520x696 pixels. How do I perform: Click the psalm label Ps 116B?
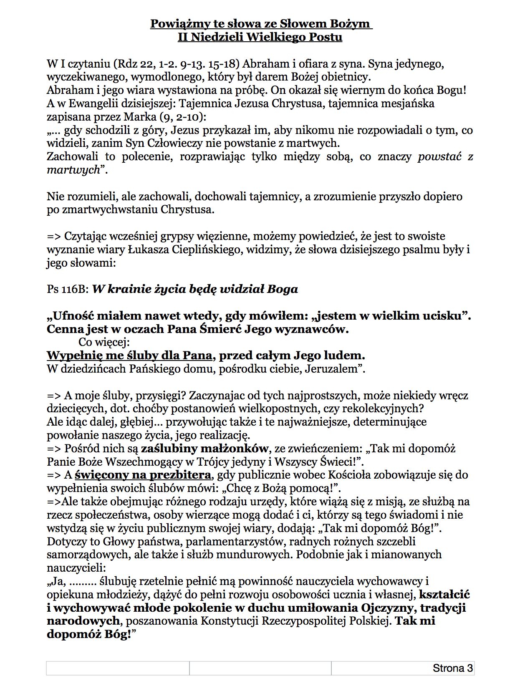coord(68,289)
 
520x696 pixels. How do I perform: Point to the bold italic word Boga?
coord(283,289)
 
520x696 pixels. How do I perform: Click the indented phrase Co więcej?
coord(104,343)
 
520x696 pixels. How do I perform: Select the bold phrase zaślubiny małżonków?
coord(204,449)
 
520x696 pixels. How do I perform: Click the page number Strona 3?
coord(452,668)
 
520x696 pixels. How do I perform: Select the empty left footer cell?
coord(118,668)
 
